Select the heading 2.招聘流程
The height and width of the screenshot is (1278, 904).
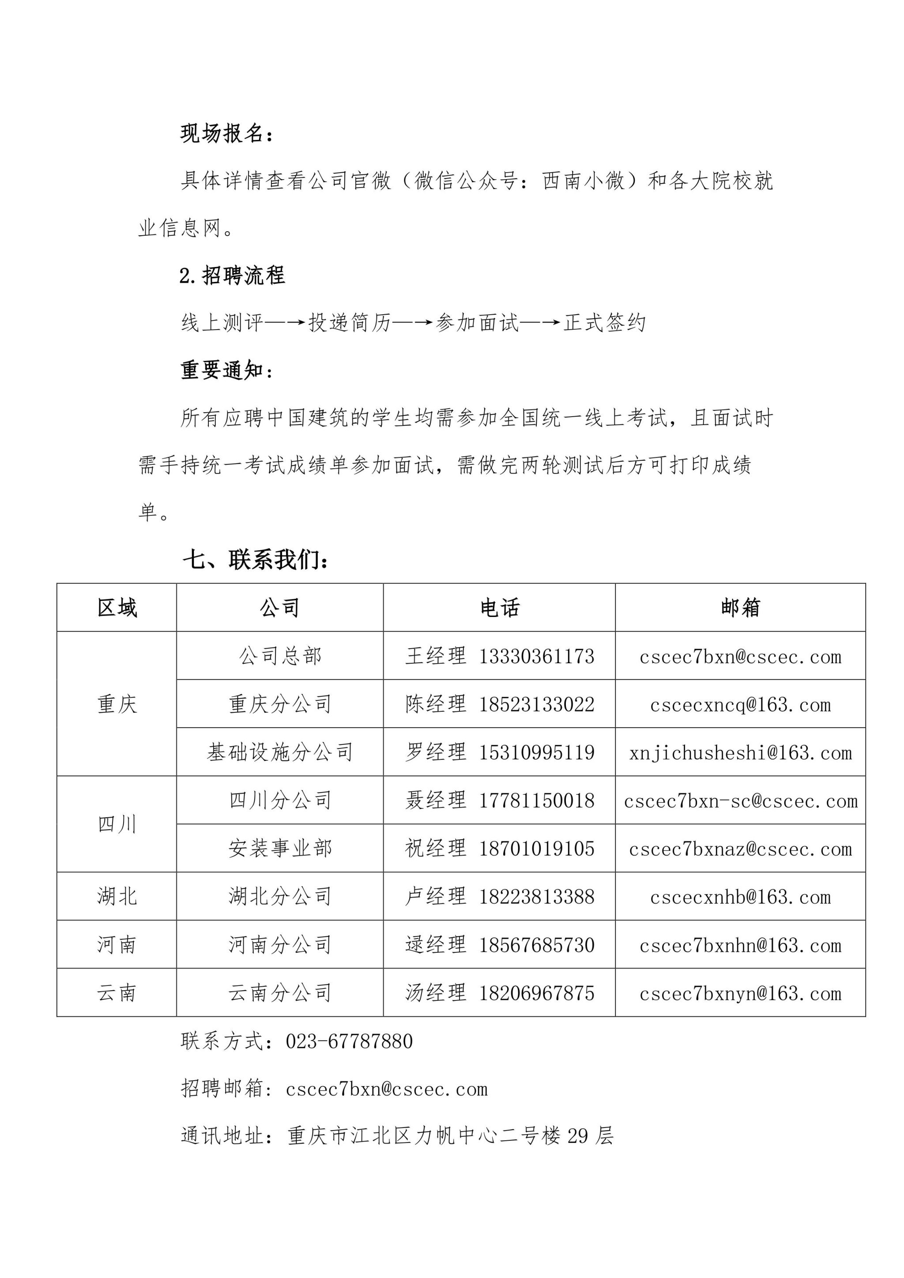(232, 275)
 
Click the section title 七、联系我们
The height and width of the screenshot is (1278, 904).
(256, 560)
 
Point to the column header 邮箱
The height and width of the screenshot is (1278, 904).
(740, 608)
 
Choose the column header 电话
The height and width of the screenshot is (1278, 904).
(499, 608)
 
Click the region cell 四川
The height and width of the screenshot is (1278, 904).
(117, 824)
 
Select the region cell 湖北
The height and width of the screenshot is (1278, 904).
(117, 897)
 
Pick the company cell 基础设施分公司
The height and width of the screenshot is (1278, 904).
(280, 752)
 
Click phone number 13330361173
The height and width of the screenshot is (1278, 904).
(537, 656)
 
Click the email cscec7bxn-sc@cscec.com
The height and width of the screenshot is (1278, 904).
(740, 801)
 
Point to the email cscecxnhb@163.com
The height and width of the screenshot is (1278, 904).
(740, 897)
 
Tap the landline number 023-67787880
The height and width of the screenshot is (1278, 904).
(349, 1041)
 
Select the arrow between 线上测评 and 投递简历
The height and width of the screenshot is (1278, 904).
(286, 322)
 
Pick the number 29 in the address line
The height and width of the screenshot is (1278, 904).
(577, 1136)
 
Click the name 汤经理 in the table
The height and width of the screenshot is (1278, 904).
(435, 993)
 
